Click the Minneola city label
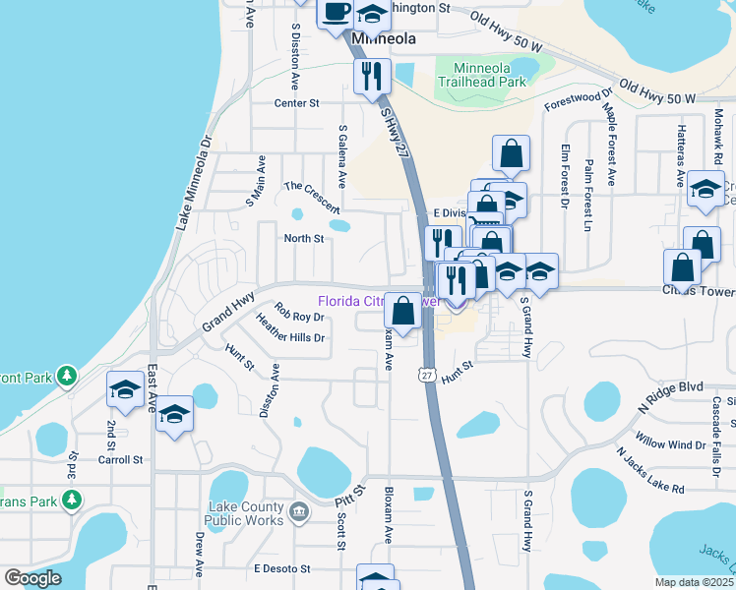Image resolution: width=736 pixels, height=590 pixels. [x=384, y=38]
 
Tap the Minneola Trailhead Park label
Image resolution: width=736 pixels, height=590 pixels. [x=488, y=76]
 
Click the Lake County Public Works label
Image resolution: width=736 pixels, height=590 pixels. [x=245, y=513]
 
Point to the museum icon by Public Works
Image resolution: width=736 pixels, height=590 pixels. [x=299, y=512]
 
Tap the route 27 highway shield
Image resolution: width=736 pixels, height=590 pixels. [x=426, y=375]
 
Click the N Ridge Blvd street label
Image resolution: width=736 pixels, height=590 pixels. [x=672, y=390]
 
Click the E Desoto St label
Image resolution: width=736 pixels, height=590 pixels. [x=281, y=568]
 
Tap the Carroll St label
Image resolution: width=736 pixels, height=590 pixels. [x=120, y=459]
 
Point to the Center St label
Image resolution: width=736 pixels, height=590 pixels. [x=297, y=102]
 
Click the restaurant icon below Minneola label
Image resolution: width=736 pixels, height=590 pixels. [x=372, y=76]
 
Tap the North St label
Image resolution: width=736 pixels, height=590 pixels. [x=304, y=238]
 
